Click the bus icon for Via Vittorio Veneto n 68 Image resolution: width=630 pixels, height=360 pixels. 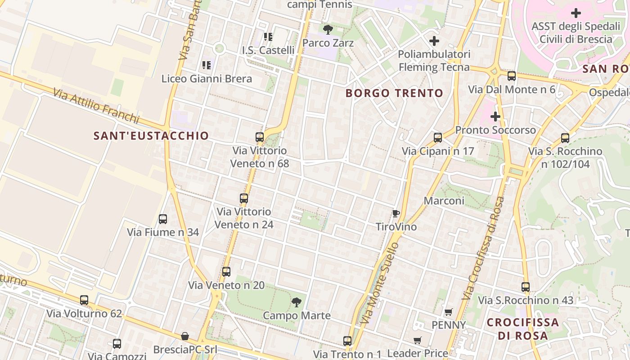(x=260, y=137)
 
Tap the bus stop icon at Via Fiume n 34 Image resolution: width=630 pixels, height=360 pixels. (x=163, y=219)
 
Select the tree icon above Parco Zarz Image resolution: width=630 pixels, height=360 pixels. (x=328, y=30)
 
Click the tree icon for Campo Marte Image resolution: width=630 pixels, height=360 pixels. (x=296, y=302)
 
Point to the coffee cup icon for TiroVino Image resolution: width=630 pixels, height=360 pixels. (x=396, y=213)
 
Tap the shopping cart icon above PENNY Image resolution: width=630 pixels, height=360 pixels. (x=448, y=312)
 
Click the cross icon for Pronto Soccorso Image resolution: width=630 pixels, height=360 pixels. (x=495, y=117)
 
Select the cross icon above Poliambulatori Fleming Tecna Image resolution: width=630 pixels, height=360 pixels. (x=434, y=41)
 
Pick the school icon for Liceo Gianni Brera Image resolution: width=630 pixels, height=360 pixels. (x=207, y=65)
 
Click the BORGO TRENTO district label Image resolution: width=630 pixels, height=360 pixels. (x=394, y=94)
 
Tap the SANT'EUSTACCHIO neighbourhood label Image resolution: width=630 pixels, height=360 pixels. (x=151, y=136)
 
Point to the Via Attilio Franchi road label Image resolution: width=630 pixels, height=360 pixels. (x=96, y=106)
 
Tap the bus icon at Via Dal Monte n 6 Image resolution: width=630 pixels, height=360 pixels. (x=512, y=76)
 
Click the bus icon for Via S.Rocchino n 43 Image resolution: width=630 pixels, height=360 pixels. (x=526, y=287)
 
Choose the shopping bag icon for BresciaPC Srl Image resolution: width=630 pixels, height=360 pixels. (x=184, y=336)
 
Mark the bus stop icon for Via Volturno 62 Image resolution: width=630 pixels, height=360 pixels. (x=84, y=300)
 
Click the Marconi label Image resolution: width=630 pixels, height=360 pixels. (x=444, y=201)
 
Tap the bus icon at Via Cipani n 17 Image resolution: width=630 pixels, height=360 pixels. (x=438, y=138)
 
